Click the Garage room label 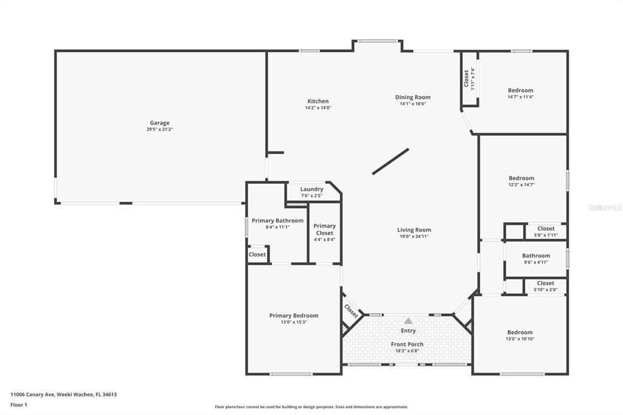(160, 123)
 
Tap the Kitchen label (318, 101)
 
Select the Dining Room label (412, 97)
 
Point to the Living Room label (414, 230)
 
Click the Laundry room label (311, 189)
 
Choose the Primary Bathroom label (277, 220)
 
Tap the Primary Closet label (324, 229)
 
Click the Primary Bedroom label (294, 315)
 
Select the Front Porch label (407, 344)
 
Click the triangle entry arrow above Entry (408, 321)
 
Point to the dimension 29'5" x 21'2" (160, 130)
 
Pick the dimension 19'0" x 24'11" (414, 237)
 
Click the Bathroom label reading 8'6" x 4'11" (535, 256)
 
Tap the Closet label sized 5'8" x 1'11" (546, 229)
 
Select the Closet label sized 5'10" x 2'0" (545, 283)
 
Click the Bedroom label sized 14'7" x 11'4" (520, 91)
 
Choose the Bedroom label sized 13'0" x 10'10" (520, 332)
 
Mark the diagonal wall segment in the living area (390, 162)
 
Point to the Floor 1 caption (19, 405)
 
